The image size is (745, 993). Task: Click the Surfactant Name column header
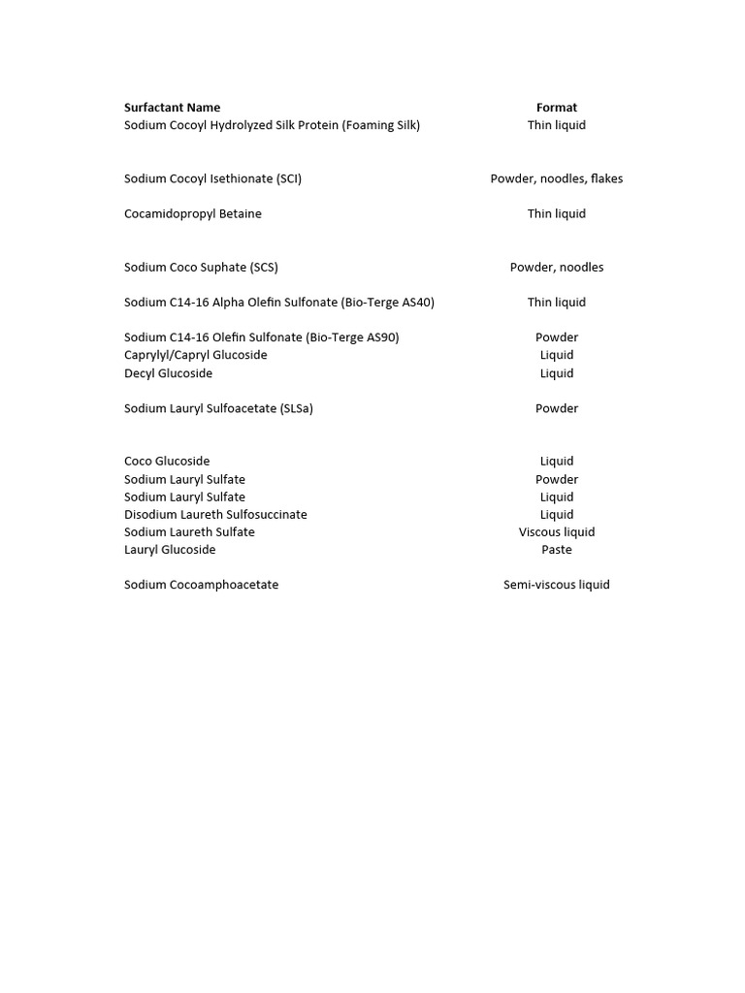172,108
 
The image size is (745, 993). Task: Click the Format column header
556,108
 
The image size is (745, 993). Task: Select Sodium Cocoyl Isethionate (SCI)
212,178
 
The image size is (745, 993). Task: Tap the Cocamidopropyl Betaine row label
192,213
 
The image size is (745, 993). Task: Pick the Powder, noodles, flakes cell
556,178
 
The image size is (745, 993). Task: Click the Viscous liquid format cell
556,531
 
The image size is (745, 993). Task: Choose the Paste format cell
556,549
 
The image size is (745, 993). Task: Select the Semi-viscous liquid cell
556,585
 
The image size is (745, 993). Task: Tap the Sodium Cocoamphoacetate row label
201,585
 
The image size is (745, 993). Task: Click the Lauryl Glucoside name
170,549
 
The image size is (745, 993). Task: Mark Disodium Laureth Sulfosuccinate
215,514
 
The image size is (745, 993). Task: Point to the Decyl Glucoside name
168,373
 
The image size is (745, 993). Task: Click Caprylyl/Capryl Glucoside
195,355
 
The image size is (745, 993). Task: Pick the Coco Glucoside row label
167,461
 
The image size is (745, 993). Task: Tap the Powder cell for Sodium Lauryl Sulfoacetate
556,408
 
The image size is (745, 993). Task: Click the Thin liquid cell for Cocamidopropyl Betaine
556,213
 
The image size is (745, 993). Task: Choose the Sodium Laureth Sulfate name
189,531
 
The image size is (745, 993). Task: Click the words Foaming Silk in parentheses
380,125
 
